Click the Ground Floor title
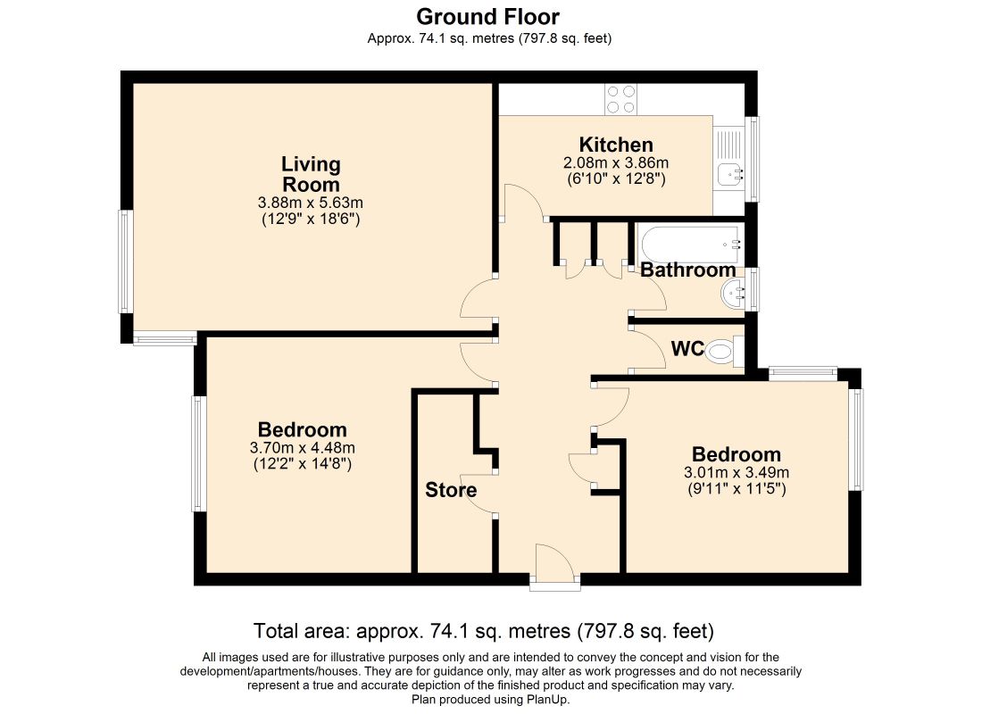click(x=487, y=16)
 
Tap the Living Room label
click(x=311, y=174)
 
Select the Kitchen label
click(x=616, y=145)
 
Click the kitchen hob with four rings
click(x=620, y=100)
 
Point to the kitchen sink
click(x=729, y=173)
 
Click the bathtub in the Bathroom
click(x=691, y=245)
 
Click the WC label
click(x=687, y=349)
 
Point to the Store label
click(x=451, y=490)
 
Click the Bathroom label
click(x=687, y=270)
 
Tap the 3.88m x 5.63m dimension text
click(x=311, y=203)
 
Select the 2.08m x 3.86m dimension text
click(x=616, y=162)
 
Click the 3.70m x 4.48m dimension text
click(x=303, y=448)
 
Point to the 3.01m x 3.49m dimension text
click(x=736, y=472)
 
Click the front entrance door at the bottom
click(x=555, y=566)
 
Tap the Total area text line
click(x=484, y=630)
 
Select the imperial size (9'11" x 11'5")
click(x=736, y=488)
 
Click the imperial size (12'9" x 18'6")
click(x=311, y=220)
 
